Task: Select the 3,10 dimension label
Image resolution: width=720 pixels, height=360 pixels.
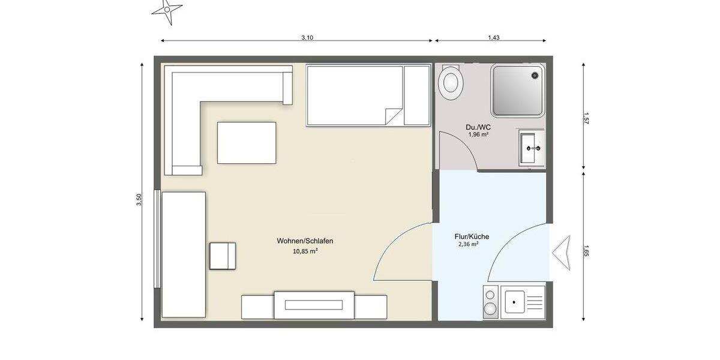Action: pos(307,37)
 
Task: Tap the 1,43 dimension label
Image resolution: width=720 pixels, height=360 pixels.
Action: pos(493,37)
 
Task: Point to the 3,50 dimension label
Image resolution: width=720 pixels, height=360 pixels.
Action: pos(139,200)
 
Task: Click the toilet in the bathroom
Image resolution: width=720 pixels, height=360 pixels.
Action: pos(450,82)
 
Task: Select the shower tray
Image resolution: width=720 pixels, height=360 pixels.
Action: pos(517,91)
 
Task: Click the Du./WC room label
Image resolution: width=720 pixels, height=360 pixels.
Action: pos(478,127)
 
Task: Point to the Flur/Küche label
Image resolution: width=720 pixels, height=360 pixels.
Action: pos(472,236)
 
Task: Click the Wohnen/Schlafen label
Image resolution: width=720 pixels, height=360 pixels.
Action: pos(305,241)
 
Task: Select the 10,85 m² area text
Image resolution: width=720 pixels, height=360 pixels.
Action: pos(305,251)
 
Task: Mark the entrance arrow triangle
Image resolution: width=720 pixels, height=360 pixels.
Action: pos(562,253)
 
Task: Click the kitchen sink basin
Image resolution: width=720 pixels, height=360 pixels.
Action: pos(515,301)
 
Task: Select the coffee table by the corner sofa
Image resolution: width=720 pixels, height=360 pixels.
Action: pos(247,143)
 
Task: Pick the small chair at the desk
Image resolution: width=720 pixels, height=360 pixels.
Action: pos(223,256)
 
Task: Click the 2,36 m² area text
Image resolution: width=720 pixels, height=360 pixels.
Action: pos(468,245)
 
